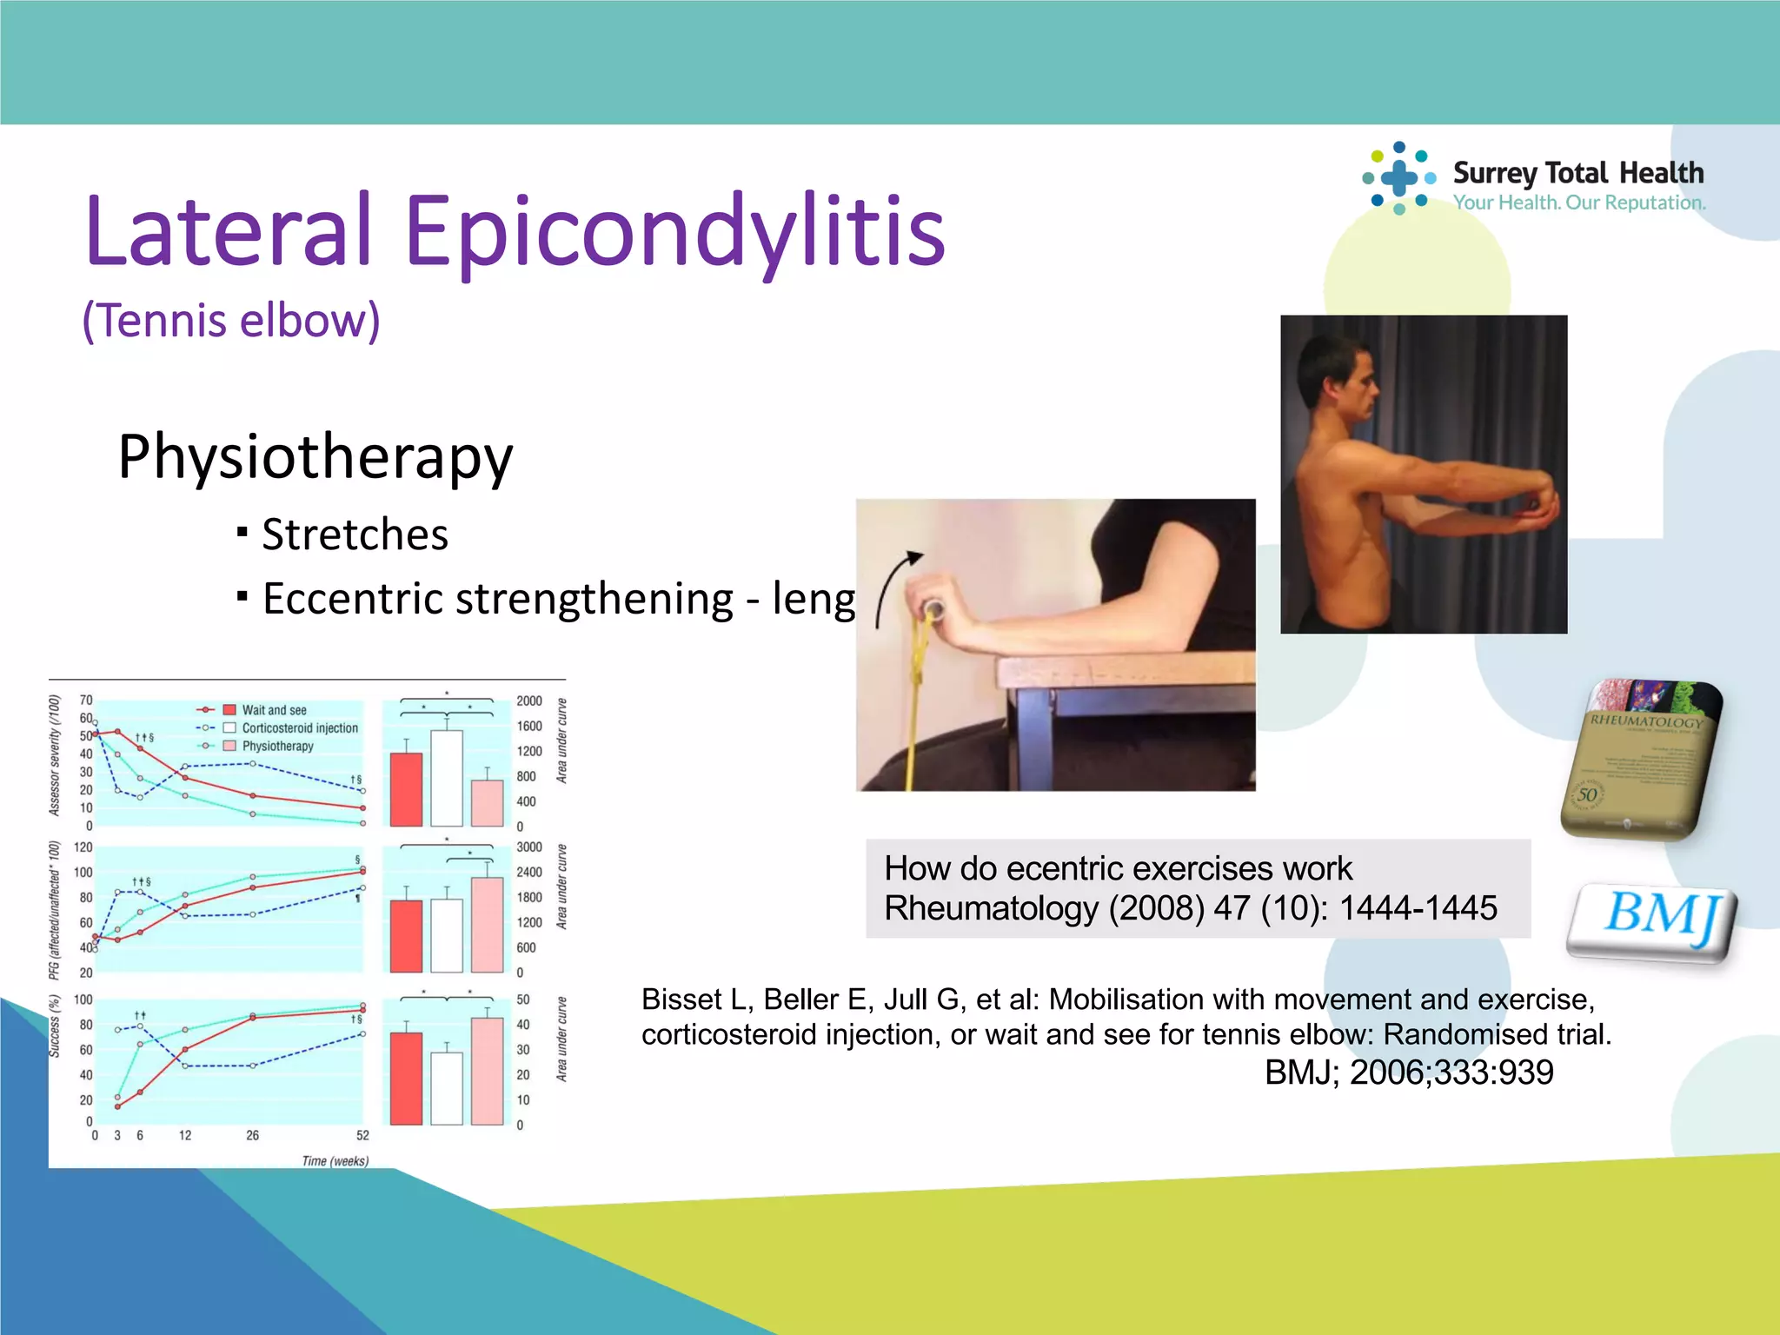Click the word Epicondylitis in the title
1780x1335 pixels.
pos(674,231)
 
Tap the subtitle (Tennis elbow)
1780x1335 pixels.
pos(231,320)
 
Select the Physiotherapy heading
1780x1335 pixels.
pos(315,457)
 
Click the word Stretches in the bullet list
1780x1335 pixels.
pos(355,534)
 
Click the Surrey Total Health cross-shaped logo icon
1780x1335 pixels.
pos(1398,178)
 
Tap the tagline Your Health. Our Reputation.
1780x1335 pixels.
pos(1579,203)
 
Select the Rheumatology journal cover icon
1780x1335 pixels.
pos(1642,759)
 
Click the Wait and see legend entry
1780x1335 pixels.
pos(274,710)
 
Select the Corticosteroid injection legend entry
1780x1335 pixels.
pos(299,728)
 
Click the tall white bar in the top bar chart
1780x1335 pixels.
pos(447,778)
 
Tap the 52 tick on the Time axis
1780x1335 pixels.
pos(362,1135)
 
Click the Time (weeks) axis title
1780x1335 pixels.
pos(335,1161)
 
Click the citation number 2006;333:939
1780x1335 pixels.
pos(1451,1073)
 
